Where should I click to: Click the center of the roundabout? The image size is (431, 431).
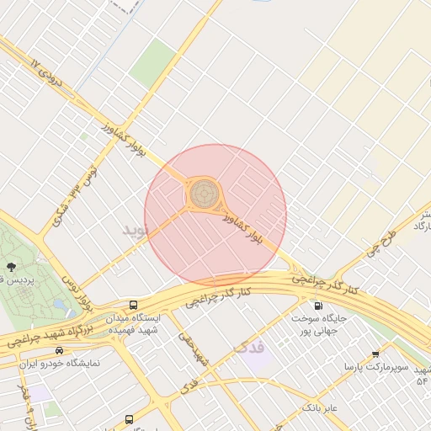point(202,194)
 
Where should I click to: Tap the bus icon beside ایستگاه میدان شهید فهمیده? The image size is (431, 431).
point(133,305)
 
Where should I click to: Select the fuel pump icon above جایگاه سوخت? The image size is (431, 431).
point(318,306)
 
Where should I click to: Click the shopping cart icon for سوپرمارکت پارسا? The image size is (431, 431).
point(375,354)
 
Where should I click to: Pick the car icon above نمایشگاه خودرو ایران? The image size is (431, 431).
point(59,350)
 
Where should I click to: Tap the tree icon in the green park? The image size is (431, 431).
point(10,265)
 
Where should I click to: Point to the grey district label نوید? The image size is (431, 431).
point(135,229)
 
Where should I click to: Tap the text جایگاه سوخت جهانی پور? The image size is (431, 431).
point(319,325)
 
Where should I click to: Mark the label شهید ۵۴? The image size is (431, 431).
point(422,375)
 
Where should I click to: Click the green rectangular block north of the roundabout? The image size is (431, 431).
point(153,64)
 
